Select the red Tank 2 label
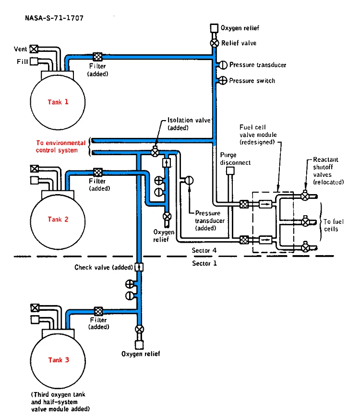click(x=58, y=220)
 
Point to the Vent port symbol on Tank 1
click(x=34, y=49)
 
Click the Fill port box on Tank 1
click(x=34, y=61)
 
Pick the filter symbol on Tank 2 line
click(x=97, y=172)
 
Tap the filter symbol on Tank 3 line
click(x=98, y=311)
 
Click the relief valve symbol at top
click(x=214, y=43)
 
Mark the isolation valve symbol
click(x=155, y=152)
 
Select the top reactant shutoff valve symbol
click(x=304, y=196)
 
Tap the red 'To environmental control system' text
click(x=61, y=147)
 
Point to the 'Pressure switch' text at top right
click(x=252, y=81)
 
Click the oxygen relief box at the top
click(x=214, y=29)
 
